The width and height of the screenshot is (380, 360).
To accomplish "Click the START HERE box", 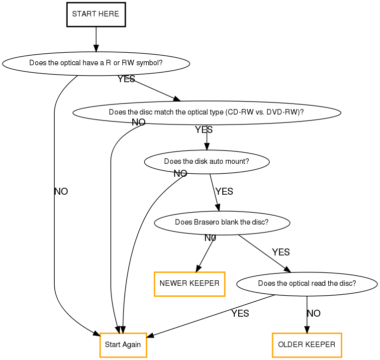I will [95, 14].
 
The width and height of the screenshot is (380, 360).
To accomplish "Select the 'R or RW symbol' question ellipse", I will [96, 63].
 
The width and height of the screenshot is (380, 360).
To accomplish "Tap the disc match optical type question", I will [206, 112].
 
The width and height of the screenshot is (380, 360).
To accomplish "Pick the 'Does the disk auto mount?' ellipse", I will [206, 162].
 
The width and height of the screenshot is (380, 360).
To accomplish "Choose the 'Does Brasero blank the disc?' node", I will [222, 222].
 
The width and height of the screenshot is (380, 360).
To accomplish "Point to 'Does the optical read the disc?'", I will [306, 284].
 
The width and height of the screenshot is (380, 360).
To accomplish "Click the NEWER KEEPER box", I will [190, 284].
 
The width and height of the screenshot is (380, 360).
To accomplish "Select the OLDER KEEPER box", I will [306, 344].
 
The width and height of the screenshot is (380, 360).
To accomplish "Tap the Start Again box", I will [123, 345].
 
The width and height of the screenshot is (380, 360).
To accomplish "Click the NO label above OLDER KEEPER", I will [313, 313].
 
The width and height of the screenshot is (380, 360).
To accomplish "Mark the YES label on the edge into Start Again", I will [240, 313].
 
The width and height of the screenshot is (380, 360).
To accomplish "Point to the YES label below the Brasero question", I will [281, 252].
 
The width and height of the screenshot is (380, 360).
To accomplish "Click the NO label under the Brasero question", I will [210, 238].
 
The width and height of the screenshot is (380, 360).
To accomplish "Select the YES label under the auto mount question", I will [224, 191].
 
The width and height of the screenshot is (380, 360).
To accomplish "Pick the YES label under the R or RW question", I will [126, 79].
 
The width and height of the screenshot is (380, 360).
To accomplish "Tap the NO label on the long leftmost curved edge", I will [61, 191].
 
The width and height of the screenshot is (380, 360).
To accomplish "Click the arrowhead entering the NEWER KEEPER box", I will [198, 269].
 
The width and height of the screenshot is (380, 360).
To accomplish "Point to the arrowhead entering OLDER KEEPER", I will [306, 329].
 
